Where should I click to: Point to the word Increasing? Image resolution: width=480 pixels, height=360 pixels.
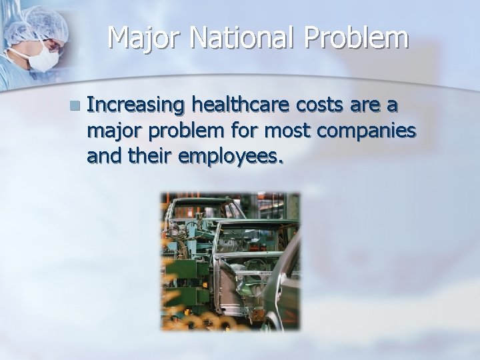click(136, 105)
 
